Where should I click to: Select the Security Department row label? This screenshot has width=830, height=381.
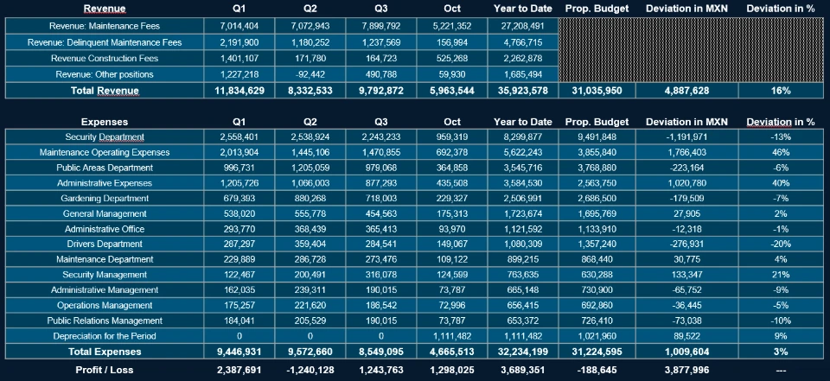tap(105, 137)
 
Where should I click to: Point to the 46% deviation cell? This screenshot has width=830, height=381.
tap(781, 153)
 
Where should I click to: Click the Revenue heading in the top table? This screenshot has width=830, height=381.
tap(105, 9)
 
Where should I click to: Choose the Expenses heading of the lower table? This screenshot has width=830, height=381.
tap(105, 122)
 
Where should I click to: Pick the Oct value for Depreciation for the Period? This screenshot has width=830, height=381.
tap(451, 336)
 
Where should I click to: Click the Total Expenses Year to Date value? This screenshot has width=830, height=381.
tap(520, 352)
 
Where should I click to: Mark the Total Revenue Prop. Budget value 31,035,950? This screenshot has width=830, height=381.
tap(597, 91)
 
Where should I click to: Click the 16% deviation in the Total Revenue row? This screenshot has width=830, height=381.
tap(781, 91)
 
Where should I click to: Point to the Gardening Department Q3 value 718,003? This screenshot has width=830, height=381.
tap(381, 199)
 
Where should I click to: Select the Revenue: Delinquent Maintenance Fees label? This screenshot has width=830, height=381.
tap(105, 42)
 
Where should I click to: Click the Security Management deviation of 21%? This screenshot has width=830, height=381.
tap(781, 275)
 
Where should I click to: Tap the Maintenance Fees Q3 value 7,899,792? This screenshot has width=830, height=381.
tap(381, 27)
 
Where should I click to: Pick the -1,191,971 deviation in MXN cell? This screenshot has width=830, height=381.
tap(688, 137)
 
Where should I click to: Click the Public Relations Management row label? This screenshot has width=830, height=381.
tap(105, 321)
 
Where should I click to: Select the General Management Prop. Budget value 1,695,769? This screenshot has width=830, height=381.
tap(597, 213)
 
